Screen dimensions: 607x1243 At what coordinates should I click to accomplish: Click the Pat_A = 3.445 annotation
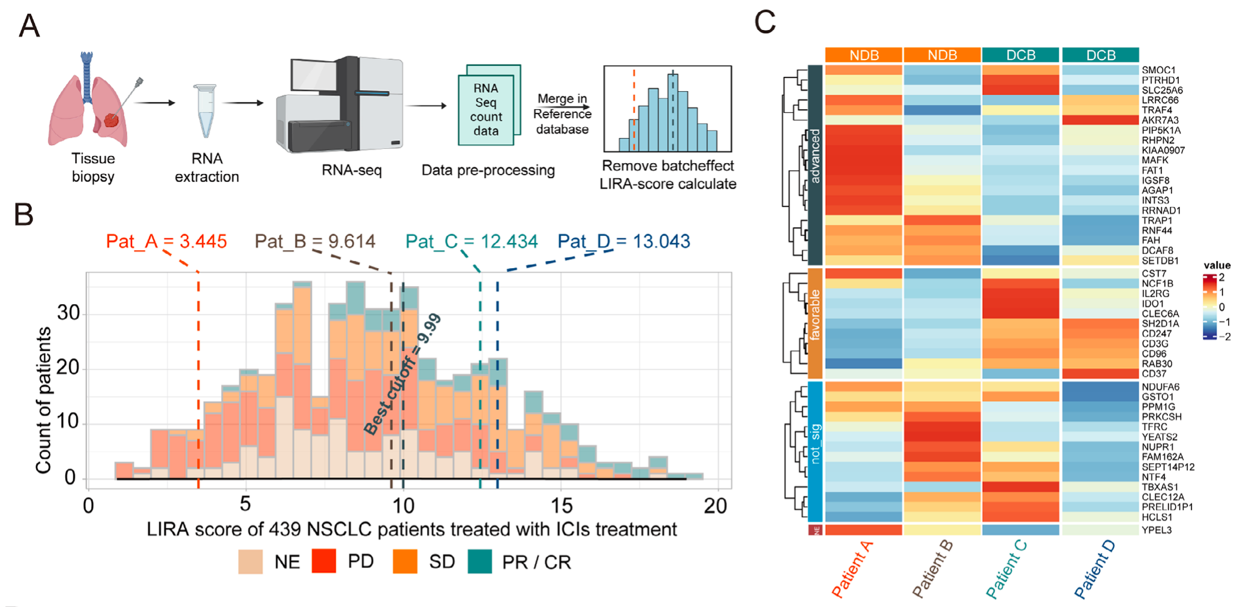[166, 242]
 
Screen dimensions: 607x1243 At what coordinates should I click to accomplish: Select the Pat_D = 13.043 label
[624, 242]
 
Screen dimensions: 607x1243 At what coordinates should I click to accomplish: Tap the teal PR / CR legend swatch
[480, 561]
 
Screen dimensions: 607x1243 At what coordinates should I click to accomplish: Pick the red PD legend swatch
[324, 561]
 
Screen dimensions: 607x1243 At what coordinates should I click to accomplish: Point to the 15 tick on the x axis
[561, 506]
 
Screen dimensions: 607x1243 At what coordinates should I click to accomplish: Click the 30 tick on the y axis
[68, 312]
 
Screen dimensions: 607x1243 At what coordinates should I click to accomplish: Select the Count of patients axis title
[43, 400]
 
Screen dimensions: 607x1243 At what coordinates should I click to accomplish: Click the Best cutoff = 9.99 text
[403, 375]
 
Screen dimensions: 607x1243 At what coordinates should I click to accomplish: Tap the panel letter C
[765, 23]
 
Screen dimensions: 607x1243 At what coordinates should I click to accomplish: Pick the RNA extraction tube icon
[205, 111]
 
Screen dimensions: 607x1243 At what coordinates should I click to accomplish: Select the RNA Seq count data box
[487, 108]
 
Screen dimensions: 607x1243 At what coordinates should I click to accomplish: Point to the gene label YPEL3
[1157, 530]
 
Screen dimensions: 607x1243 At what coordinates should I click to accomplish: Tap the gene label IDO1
[1152, 304]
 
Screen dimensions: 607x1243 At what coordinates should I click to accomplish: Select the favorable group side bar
[815, 323]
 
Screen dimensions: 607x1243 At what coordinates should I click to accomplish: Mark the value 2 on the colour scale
[1222, 278]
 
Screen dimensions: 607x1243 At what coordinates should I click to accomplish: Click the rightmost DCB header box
[1100, 55]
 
